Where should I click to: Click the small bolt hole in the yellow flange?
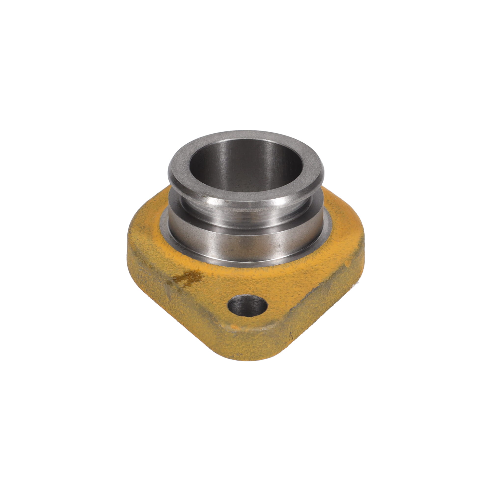(248, 306)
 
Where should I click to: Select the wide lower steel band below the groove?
(244, 241)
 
